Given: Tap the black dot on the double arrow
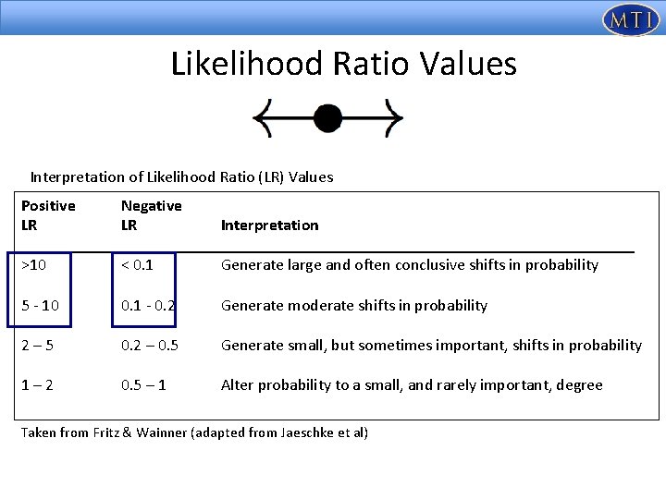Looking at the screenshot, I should click(327, 118).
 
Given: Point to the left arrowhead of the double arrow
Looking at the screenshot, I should click(263, 118).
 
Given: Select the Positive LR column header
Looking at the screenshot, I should click(48, 215).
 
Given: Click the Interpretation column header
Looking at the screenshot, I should click(269, 225).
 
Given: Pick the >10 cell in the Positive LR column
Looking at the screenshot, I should click(34, 265).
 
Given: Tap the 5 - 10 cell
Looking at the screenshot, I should click(42, 306).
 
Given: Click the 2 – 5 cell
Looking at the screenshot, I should click(39, 346).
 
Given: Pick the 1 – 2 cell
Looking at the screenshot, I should click(39, 385).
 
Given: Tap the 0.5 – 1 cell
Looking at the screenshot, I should click(143, 385).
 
